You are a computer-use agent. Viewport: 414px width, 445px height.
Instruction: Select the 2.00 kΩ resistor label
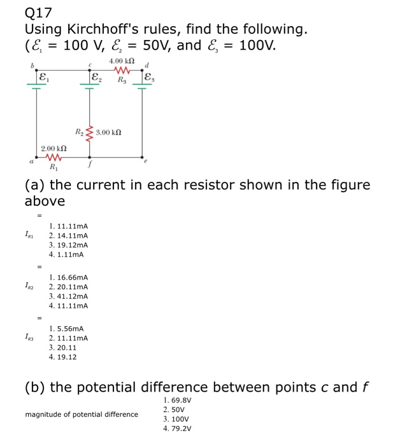[54, 149]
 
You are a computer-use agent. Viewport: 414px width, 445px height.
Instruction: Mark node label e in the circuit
[146, 163]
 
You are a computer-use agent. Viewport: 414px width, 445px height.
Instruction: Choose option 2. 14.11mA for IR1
[68, 235]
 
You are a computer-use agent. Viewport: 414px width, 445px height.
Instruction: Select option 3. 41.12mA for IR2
[68, 296]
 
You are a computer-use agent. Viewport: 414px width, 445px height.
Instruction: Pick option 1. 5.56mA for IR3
[66, 328]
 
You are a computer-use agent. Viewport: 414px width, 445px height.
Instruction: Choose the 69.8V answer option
[177, 400]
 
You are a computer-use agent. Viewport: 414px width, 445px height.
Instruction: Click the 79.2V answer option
[177, 428]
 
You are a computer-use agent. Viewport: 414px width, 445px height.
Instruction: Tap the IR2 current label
[30, 287]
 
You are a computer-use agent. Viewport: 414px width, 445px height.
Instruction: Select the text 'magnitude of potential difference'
[82, 414]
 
